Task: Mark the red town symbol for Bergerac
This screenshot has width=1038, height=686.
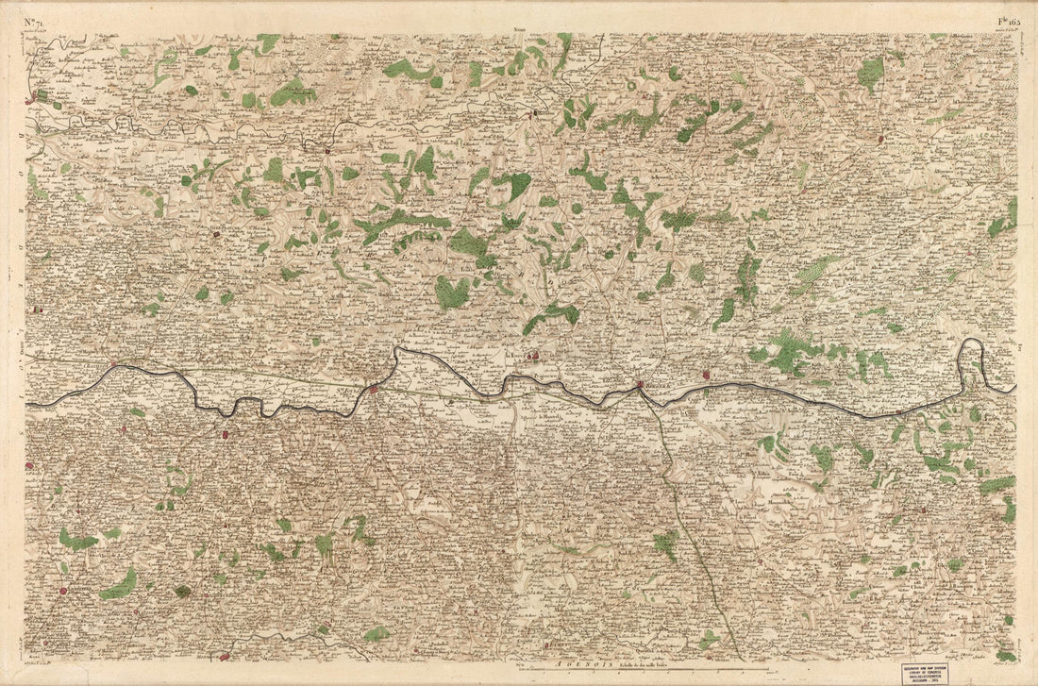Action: click(x=640, y=384)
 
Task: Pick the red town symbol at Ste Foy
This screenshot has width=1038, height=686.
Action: click(x=374, y=388)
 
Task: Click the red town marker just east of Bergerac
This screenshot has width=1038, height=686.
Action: click(x=705, y=376)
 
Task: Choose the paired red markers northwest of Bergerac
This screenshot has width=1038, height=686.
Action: click(x=533, y=356)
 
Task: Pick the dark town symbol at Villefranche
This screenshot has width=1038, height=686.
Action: click(x=216, y=232)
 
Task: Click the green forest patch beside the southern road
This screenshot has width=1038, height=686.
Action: click(x=666, y=544)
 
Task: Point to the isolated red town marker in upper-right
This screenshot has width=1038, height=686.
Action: click(x=880, y=139)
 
